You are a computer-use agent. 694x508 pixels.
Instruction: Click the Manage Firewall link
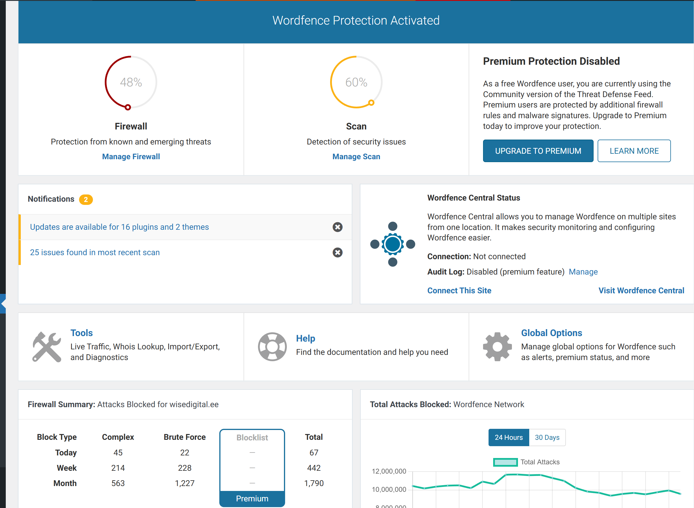(x=131, y=157)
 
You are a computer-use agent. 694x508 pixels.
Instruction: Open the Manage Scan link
(x=356, y=157)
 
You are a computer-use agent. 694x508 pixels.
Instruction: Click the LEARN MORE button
(x=634, y=151)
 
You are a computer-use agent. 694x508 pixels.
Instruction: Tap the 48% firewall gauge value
(x=131, y=82)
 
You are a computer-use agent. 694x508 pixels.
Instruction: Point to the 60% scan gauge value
(x=356, y=82)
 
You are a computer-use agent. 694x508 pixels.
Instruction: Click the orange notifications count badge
(x=86, y=199)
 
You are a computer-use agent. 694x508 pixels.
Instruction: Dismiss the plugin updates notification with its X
(x=338, y=227)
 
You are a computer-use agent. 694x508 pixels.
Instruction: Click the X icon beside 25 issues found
(x=338, y=253)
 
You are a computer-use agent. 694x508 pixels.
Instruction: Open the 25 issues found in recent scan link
(x=95, y=253)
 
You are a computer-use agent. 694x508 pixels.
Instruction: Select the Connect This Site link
(x=459, y=291)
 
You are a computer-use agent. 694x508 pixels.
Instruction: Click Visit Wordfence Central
(x=641, y=291)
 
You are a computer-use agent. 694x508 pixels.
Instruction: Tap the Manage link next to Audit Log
(x=583, y=272)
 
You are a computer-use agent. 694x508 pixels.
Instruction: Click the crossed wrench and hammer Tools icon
(x=47, y=347)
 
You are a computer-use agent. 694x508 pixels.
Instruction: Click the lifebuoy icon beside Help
(x=272, y=346)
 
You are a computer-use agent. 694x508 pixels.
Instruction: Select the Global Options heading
(x=551, y=333)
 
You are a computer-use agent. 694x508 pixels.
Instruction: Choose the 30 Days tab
(x=547, y=437)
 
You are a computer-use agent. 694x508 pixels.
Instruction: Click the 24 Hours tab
(x=508, y=437)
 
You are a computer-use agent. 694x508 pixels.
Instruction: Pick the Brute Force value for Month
(x=185, y=483)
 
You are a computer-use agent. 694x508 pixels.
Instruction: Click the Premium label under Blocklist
(x=252, y=498)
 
